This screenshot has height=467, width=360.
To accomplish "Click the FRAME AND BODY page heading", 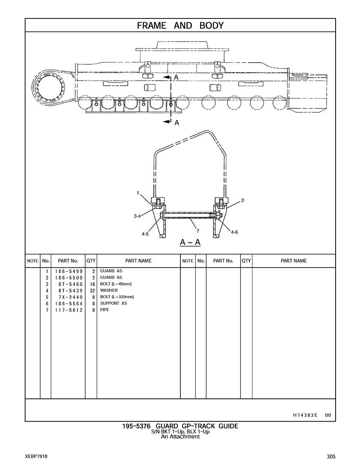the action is (180, 26).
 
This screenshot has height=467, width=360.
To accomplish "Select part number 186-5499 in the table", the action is (69, 271).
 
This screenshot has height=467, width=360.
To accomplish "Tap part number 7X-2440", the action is (70, 297).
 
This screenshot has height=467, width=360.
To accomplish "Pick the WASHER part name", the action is (109, 290).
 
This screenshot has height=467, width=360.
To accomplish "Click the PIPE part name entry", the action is (105, 310).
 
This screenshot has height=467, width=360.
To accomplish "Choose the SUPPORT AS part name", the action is (114, 303).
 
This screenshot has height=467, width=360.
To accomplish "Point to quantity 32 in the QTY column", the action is (92, 290).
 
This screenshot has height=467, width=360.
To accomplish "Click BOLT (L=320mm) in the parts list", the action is (117, 297).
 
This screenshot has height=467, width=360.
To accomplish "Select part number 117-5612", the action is (69, 310).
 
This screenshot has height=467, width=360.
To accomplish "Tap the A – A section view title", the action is (190, 242).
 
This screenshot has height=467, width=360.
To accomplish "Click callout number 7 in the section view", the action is (198, 231).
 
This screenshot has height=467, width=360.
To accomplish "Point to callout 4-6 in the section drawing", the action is (234, 232).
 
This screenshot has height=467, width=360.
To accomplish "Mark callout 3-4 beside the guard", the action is (137, 217).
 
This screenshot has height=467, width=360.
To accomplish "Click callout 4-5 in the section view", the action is (145, 234).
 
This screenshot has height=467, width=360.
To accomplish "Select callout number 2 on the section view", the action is (243, 200).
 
